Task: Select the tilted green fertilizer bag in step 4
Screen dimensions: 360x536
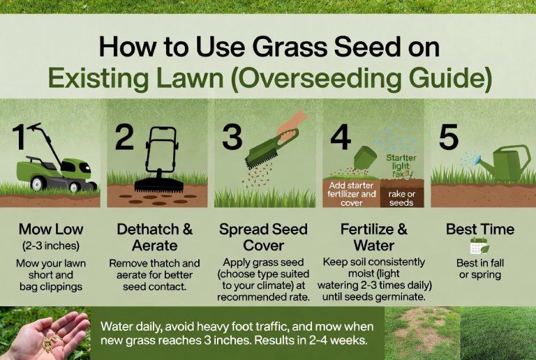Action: pyautogui.click(x=365, y=161)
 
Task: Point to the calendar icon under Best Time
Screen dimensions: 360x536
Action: pyautogui.click(x=479, y=246)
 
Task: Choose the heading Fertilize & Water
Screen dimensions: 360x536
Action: pyautogui.click(x=371, y=237)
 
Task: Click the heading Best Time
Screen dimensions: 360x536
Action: pyautogui.click(x=480, y=229)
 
